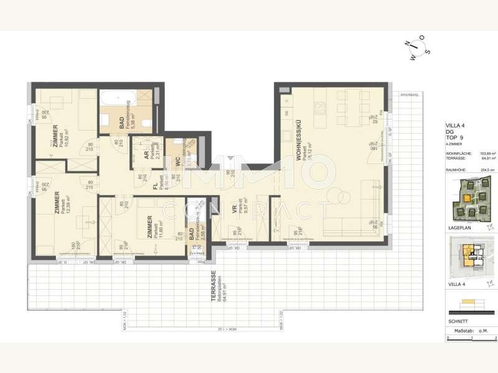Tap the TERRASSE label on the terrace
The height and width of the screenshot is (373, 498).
click(x=213, y=287)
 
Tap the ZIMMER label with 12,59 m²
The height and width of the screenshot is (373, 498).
click(x=57, y=203)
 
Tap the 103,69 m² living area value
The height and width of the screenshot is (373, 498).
click(x=486, y=153)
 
